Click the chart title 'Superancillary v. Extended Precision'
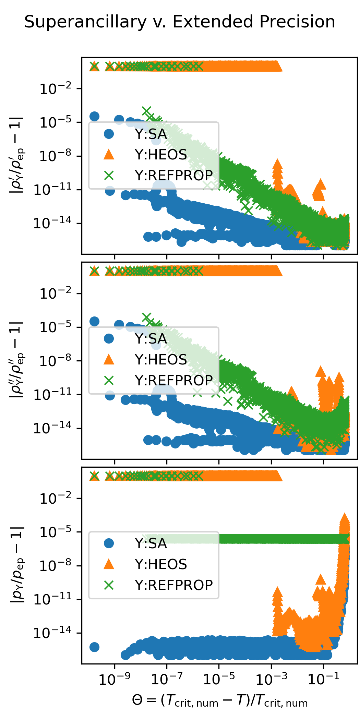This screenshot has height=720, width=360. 180,22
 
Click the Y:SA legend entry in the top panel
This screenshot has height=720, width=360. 151,134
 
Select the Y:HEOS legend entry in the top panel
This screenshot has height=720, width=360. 160,155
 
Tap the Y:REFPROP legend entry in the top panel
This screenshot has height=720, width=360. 173,175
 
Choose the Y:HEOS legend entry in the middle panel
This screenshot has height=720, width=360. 160,360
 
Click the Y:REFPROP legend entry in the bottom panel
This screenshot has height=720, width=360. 173,585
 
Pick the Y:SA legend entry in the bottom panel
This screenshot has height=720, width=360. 151,543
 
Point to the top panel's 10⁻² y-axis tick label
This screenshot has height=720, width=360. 56,89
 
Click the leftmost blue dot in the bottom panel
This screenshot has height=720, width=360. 94,647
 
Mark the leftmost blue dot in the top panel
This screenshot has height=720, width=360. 94,116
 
